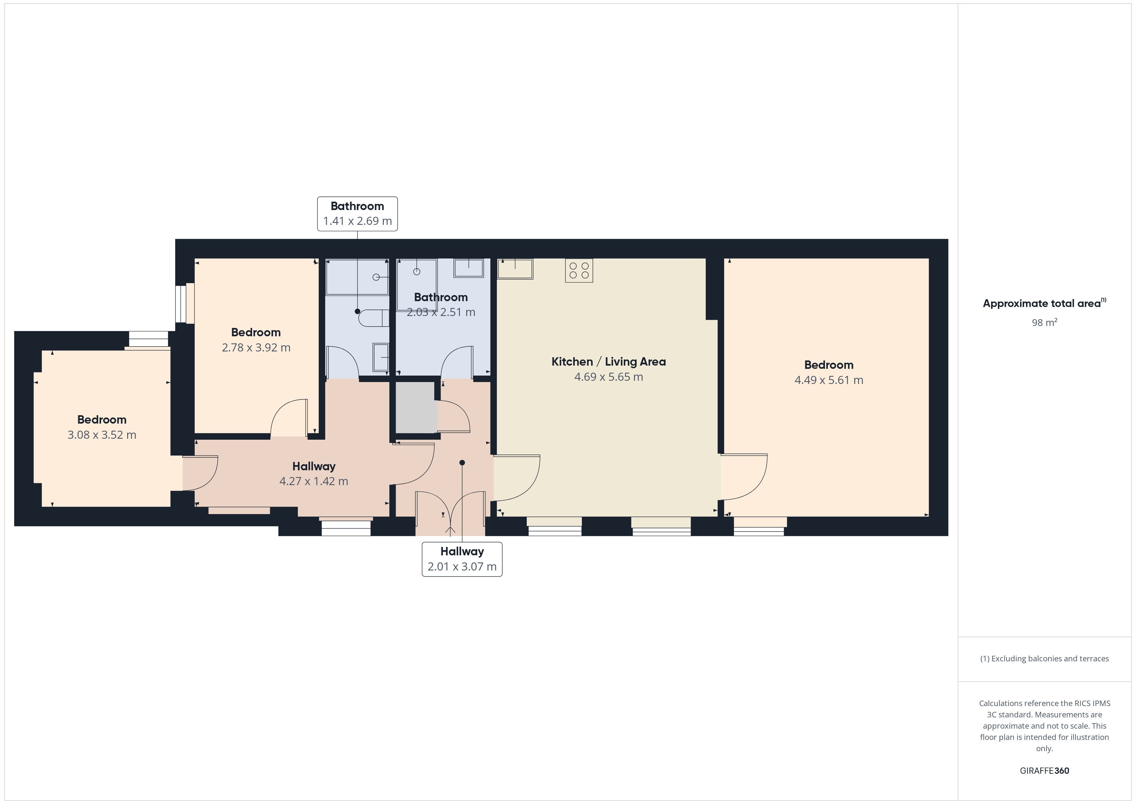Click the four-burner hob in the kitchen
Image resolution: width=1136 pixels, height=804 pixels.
(x=579, y=270)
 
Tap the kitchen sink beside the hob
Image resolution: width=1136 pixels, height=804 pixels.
(x=515, y=269)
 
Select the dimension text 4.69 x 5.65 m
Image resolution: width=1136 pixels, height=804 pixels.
(x=609, y=377)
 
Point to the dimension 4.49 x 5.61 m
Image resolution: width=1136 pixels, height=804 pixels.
(x=829, y=380)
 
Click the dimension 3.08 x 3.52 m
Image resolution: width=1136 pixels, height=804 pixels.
(x=102, y=435)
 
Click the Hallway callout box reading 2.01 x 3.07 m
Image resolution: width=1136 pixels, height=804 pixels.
(x=462, y=559)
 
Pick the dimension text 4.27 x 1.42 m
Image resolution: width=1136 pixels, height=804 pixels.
(x=314, y=481)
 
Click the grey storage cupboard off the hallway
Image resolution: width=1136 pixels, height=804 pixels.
(x=416, y=407)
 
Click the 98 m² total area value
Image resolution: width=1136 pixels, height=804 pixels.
(x=1045, y=322)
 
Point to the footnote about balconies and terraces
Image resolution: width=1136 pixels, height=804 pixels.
(x=1045, y=658)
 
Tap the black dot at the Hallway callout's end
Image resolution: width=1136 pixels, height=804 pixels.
(x=462, y=463)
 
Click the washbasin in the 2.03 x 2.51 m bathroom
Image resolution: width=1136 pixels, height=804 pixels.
(x=469, y=268)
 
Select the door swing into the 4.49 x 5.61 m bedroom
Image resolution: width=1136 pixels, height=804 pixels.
(x=743, y=477)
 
